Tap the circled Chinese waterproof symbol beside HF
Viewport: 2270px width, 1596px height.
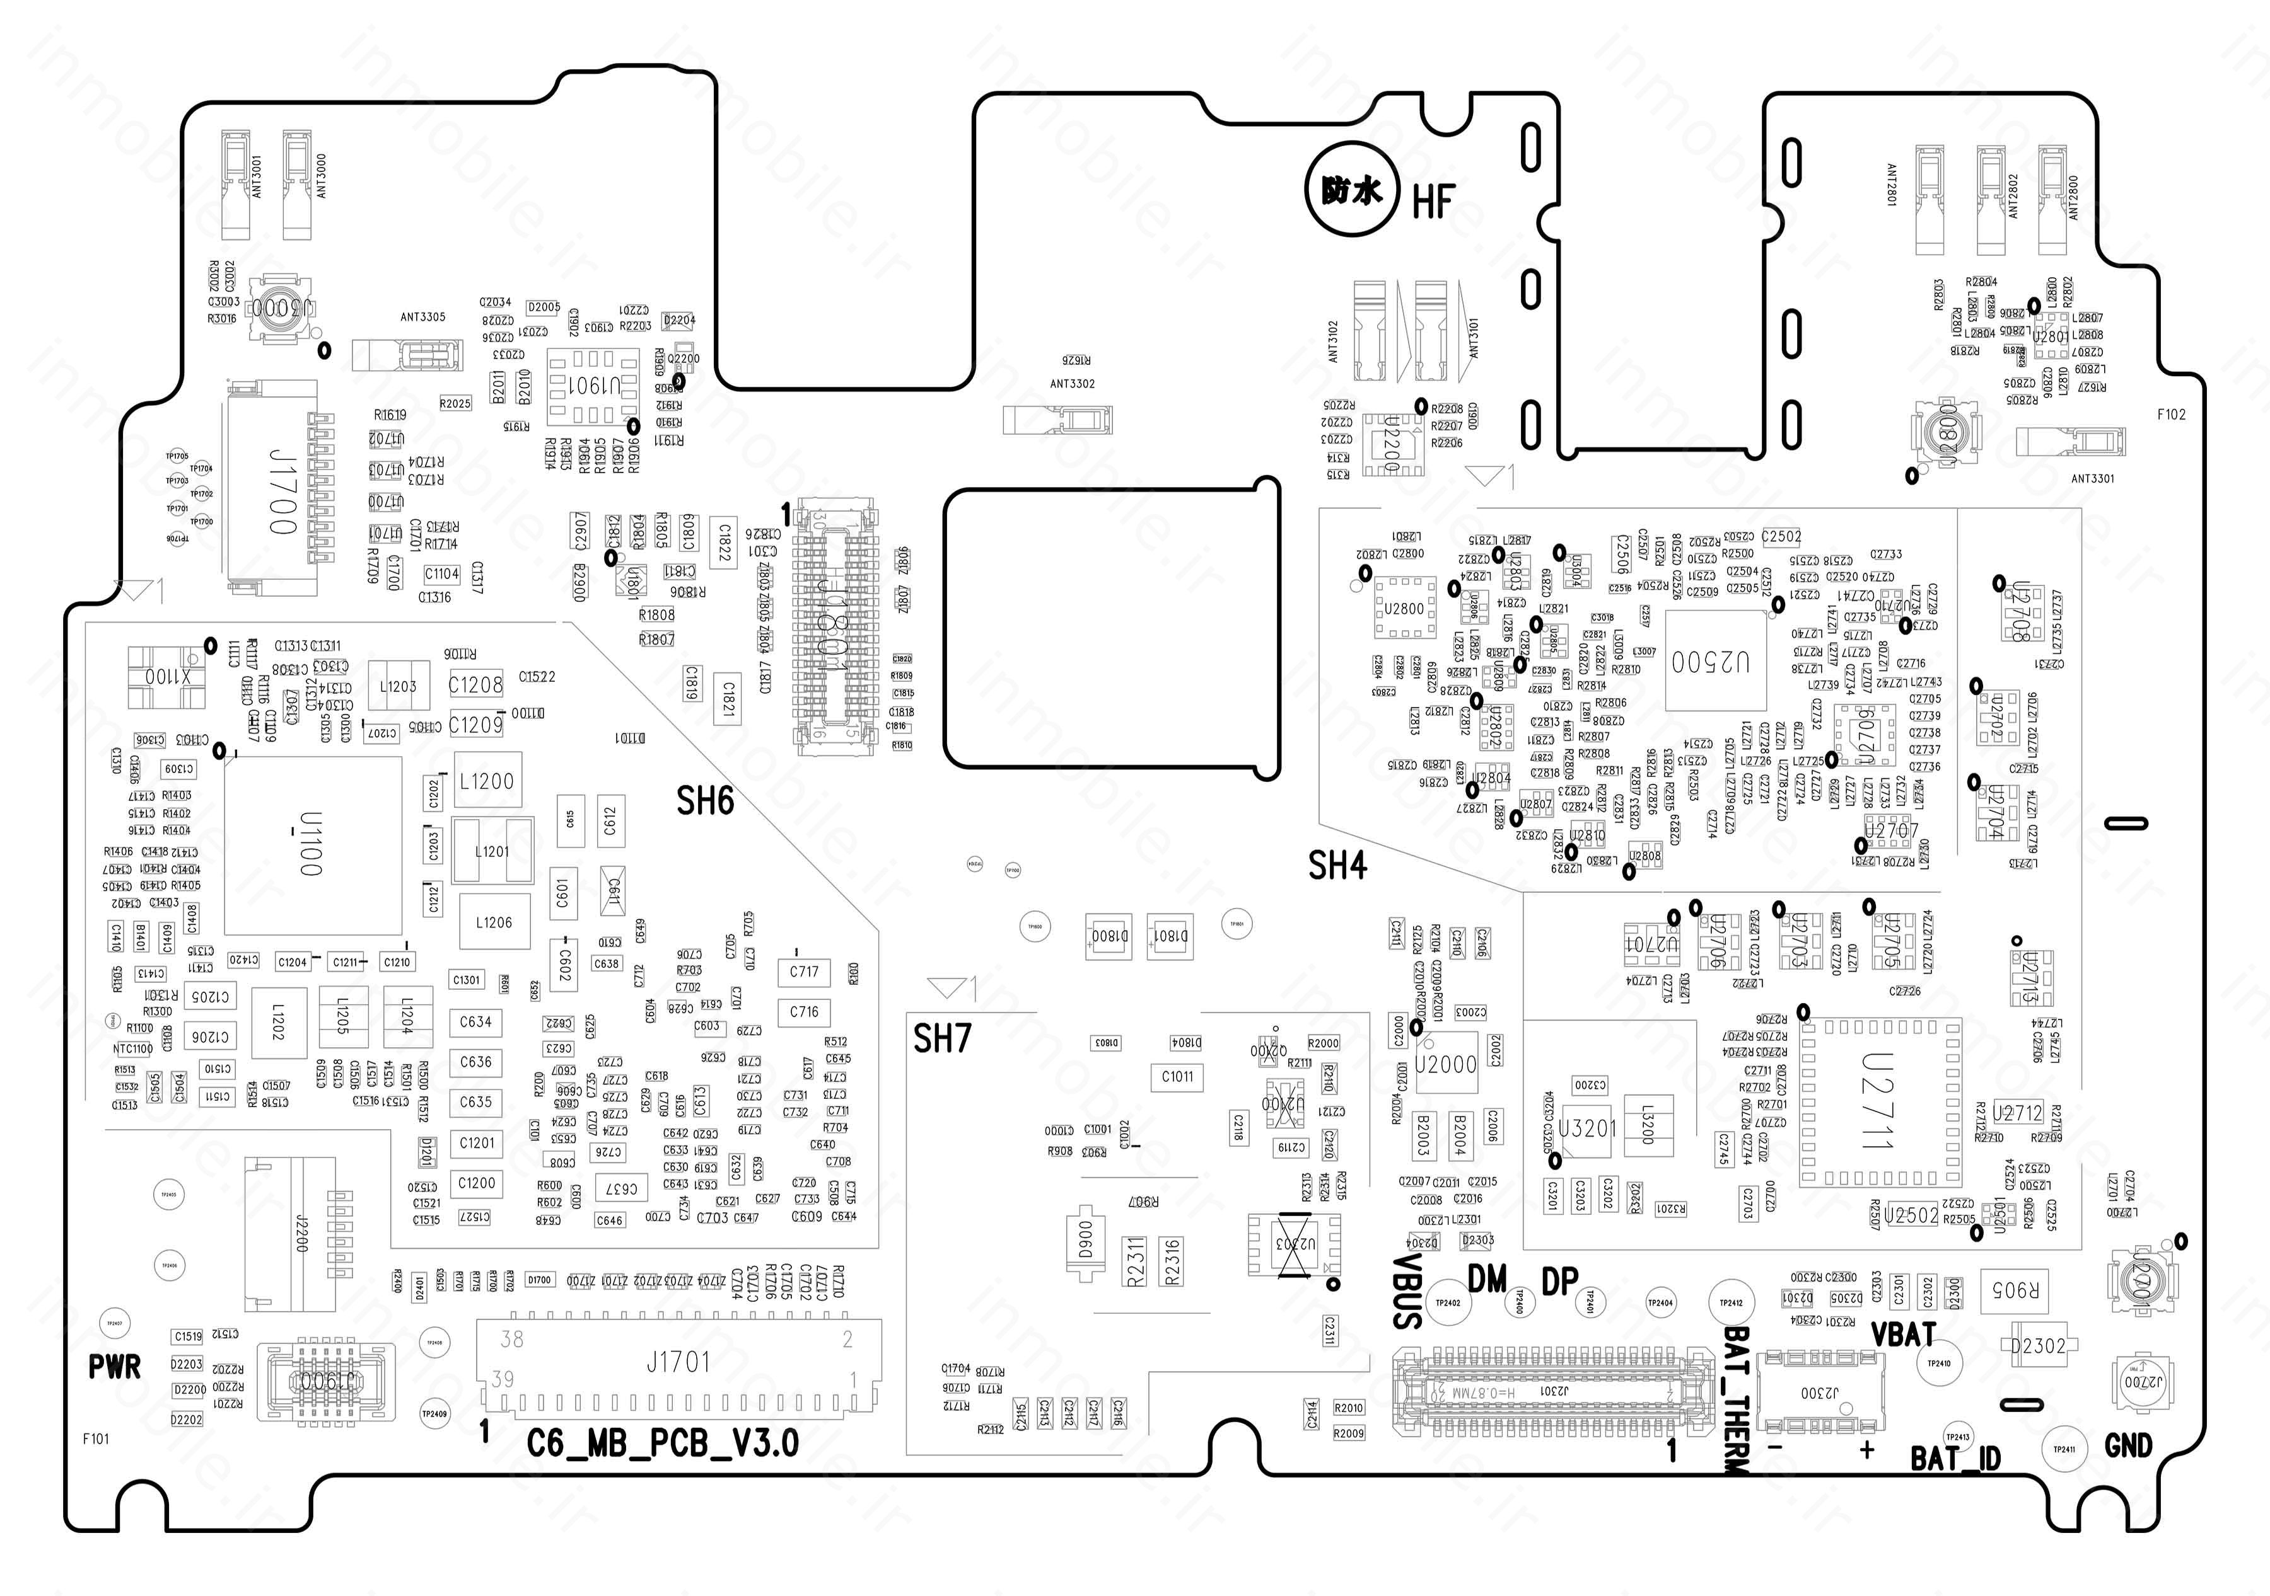pos(1351,191)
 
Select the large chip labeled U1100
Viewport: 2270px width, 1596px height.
pos(312,845)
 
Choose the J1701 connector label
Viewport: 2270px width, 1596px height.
pos(678,1363)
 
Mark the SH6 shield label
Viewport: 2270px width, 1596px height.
pos(705,800)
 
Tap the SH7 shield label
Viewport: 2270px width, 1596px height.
pos(941,1038)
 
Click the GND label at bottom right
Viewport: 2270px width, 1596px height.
pos(2127,1446)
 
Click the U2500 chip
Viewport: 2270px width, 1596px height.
pos(1715,660)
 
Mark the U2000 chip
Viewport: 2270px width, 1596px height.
pos(1445,1064)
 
